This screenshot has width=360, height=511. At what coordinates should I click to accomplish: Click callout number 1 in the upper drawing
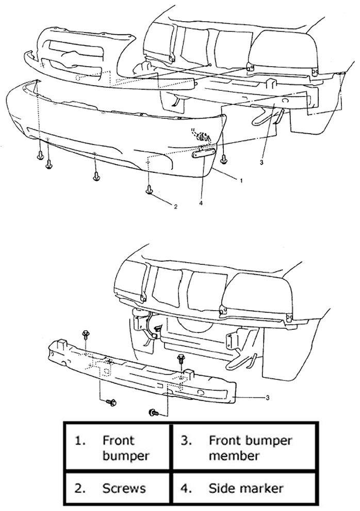pos(241,180)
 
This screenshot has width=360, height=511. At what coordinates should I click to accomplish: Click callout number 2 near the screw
pos(176,206)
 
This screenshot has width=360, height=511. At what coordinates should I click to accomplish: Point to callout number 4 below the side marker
pos(201,203)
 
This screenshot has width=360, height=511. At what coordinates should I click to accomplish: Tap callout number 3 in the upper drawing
pos(261,162)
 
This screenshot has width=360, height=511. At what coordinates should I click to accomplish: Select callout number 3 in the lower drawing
pos(268,397)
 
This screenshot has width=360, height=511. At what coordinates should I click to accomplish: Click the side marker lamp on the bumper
pos(203,153)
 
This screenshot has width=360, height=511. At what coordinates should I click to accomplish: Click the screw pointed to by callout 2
pos(149,189)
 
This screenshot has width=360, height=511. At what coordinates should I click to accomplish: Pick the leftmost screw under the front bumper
pos(40,156)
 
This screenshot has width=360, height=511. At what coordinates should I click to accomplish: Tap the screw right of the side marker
pos(224,158)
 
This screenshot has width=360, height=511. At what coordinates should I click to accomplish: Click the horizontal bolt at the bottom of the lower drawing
pos(154,412)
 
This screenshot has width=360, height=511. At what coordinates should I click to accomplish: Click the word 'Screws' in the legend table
pos(124,488)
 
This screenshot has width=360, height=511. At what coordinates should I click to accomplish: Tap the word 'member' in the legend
pos(234,456)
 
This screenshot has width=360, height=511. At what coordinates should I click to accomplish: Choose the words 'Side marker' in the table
pos(246,488)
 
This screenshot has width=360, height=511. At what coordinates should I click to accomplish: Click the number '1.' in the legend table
pos(80,441)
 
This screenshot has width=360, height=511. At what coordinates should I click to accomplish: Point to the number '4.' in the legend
pos(186,488)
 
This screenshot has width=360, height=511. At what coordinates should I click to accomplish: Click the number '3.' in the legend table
pos(187,441)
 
